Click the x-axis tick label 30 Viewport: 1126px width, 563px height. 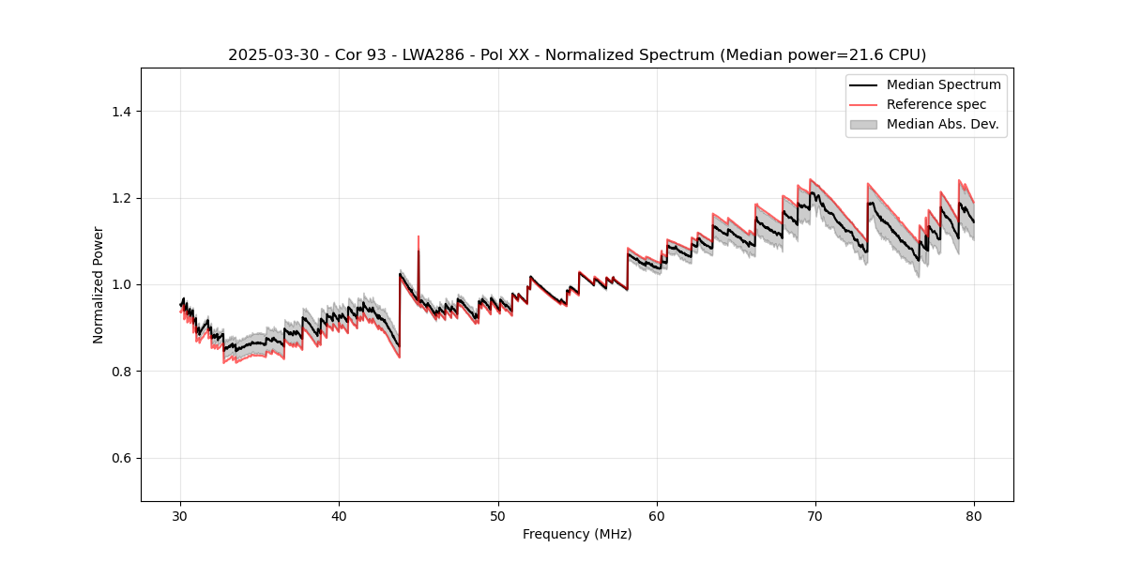181,516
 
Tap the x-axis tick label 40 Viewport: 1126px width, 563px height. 340,516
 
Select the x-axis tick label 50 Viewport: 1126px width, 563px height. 498,516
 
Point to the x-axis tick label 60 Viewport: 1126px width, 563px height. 657,516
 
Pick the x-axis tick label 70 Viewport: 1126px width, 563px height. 815,516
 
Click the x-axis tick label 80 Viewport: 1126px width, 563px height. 974,516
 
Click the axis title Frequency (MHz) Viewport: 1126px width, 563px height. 577,534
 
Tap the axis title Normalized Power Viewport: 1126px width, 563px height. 98,284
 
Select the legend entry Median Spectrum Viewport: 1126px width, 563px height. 943,84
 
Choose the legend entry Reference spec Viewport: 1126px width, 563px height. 936,104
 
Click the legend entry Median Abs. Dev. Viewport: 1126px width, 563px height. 942,124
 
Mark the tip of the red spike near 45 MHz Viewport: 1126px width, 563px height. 418,236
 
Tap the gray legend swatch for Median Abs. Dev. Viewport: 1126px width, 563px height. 863,124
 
